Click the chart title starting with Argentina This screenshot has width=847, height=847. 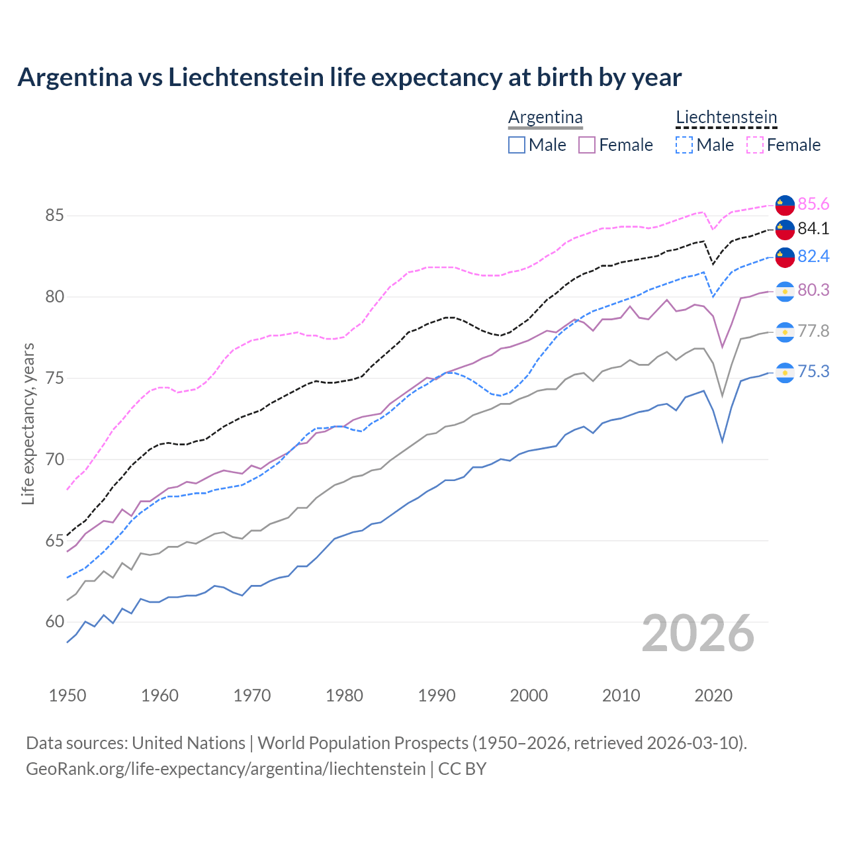tap(349, 77)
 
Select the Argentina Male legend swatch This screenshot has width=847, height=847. tap(517, 145)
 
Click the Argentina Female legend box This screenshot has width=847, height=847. tap(587, 145)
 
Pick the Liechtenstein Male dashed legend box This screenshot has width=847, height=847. tap(684, 145)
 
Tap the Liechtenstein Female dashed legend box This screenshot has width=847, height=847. tap(754, 145)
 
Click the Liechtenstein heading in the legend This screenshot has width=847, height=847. tap(726, 118)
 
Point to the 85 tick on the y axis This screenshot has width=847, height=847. tap(55, 216)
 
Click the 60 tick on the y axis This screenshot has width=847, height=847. tap(55, 622)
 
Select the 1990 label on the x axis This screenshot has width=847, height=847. tap(437, 695)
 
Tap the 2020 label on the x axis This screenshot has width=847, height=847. tap(713, 695)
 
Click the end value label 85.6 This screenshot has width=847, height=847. tap(813, 204)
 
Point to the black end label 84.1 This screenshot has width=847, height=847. tap(813, 229)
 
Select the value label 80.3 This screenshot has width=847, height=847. tap(813, 290)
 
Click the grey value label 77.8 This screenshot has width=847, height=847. tap(813, 332)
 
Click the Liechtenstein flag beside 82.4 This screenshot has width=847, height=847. tap(785, 257)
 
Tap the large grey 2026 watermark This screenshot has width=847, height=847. tap(698, 633)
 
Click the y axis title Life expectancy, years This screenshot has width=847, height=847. tap(28, 423)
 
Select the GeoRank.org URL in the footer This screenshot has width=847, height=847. tap(226, 769)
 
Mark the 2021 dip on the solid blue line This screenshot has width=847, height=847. tap(723, 441)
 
